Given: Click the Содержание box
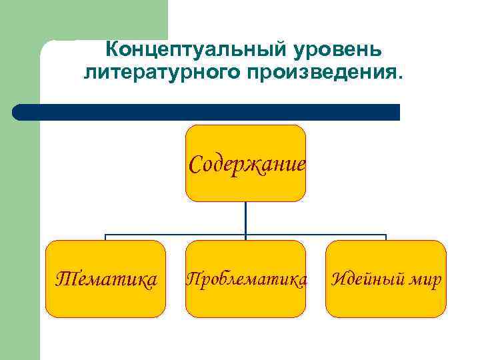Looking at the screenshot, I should [245, 163].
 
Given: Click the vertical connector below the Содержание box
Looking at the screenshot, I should [245, 217].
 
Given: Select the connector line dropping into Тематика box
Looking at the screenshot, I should [105, 237].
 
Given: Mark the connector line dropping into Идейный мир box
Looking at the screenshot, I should [386, 237].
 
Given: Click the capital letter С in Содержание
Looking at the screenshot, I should [195, 163].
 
